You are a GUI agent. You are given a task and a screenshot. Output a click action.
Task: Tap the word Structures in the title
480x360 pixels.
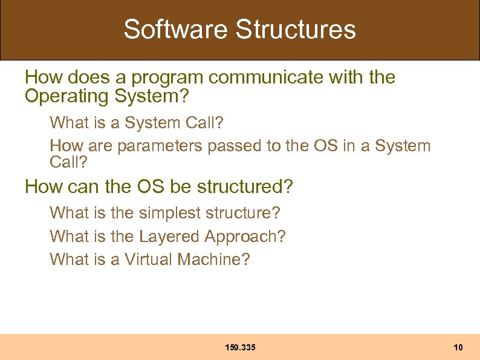click(x=296, y=29)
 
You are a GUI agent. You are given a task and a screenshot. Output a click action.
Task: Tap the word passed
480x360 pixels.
click(x=234, y=146)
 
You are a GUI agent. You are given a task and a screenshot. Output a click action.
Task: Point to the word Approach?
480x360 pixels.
click(x=245, y=237)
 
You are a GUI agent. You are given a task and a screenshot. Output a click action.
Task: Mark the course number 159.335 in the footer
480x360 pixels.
click(x=240, y=347)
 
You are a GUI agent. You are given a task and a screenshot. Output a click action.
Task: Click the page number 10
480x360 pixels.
click(x=458, y=347)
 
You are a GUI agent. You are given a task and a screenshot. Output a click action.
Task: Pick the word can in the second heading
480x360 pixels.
click(x=85, y=187)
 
